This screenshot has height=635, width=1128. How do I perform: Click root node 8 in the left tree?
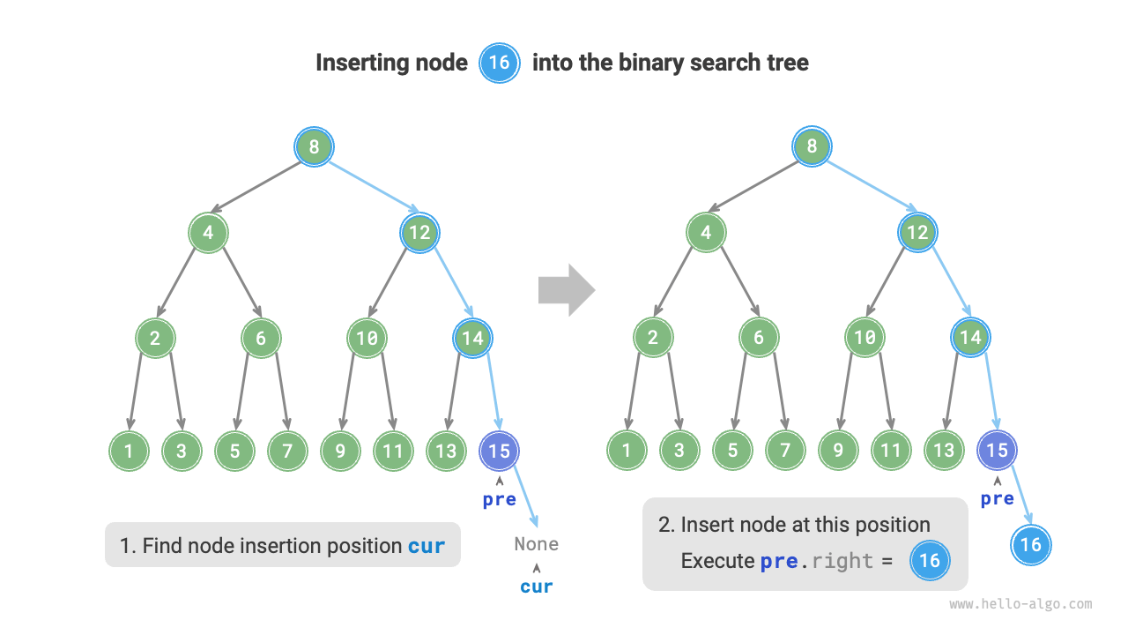click(x=314, y=146)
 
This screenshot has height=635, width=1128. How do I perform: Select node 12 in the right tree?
click(x=917, y=233)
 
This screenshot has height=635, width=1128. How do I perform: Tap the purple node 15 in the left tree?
click(x=499, y=452)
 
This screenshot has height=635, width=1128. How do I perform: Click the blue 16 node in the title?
click(x=499, y=63)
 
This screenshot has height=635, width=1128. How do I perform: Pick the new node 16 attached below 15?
click(x=1031, y=544)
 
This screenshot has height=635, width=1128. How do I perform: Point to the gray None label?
click(x=536, y=544)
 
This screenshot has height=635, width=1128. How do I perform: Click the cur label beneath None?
click(x=536, y=586)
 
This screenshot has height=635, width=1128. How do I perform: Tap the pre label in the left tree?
click(x=499, y=499)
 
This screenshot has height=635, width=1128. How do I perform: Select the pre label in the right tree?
click(x=997, y=499)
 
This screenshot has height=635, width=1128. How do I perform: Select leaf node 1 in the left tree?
click(x=129, y=452)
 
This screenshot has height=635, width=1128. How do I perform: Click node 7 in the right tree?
click(x=785, y=452)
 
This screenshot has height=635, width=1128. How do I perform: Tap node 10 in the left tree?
click(x=367, y=338)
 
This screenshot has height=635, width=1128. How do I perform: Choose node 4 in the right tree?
click(x=706, y=233)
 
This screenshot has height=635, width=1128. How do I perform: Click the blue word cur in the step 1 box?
click(x=427, y=546)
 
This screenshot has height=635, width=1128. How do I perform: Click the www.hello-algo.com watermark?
click(x=1020, y=605)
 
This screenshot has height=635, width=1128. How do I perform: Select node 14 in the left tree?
click(x=472, y=338)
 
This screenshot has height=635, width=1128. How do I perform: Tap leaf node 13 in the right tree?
click(x=944, y=452)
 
